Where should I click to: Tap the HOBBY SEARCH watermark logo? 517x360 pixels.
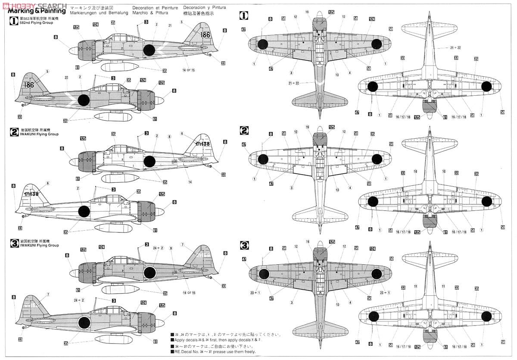click(34, 4)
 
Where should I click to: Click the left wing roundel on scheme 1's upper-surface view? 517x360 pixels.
click(263, 44)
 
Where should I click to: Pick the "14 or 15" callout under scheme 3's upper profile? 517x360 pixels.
click(189, 293)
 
